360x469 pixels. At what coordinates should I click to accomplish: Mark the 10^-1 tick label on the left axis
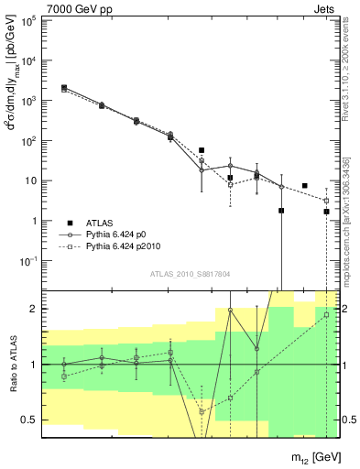click(x=30, y=261)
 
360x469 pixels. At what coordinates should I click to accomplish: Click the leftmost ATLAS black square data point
click(x=63, y=88)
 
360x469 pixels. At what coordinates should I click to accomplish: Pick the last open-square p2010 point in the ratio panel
click(x=326, y=315)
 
